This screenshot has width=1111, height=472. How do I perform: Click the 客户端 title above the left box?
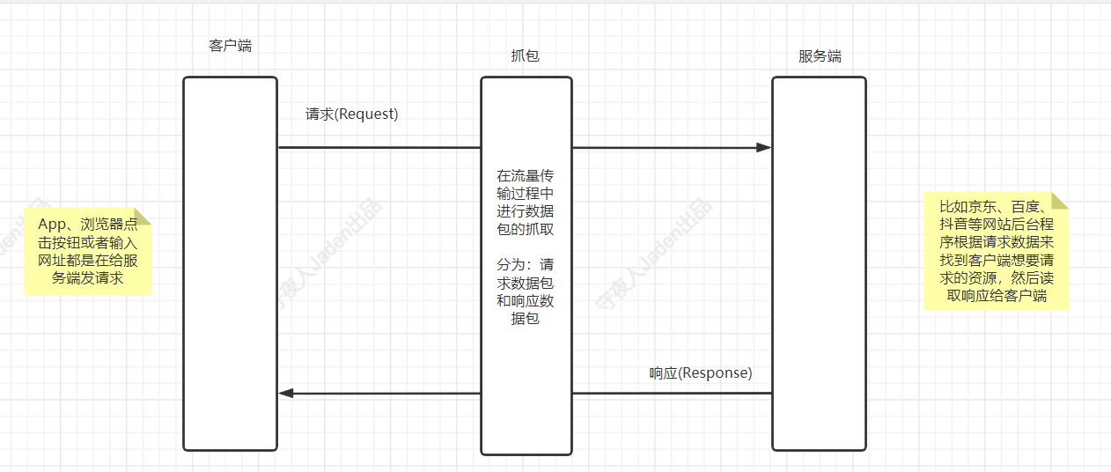(x=230, y=46)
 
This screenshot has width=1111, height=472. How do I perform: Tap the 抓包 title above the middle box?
(x=525, y=55)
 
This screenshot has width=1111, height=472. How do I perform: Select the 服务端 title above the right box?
(x=820, y=56)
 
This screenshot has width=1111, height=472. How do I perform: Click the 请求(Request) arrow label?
(x=351, y=114)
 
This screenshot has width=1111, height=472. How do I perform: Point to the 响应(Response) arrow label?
(x=701, y=372)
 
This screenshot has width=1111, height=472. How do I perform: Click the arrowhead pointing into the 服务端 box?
(x=763, y=147)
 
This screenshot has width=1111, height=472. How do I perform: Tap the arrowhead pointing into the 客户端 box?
(x=286, y=393)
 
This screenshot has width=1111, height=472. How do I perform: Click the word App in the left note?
(x=53, y=224)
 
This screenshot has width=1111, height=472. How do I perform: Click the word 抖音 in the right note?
(x=952, y=225)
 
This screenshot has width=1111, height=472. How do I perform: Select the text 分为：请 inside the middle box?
(x=526, y=264)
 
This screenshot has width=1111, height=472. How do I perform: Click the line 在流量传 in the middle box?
(x=526, y=175)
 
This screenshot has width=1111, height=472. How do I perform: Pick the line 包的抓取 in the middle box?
(x=526, y=229)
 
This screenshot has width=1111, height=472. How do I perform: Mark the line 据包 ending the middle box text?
(x=526, y=318)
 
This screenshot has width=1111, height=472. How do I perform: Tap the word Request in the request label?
(x=367, y=114)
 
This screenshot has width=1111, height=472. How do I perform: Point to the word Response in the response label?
(x=716, y=372)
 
